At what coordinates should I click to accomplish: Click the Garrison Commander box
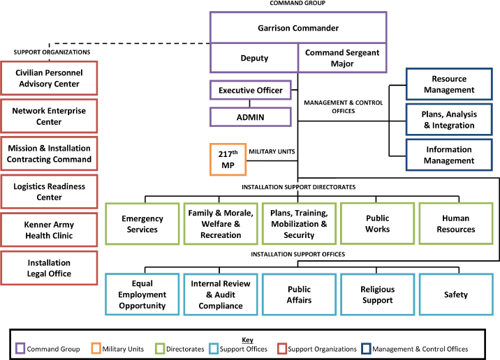(298, 29)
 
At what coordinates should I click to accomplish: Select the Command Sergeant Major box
(341, 58)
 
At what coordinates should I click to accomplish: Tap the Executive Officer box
(251, 91)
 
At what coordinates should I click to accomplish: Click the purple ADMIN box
(251, 117)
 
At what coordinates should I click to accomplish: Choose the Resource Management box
(449, 84)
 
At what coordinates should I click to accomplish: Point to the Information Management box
(449, 155)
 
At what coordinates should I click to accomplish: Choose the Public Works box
(377, 223)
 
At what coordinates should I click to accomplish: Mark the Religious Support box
(377, 294)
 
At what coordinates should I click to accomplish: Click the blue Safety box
(456, 294)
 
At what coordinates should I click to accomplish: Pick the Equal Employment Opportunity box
(142, 294)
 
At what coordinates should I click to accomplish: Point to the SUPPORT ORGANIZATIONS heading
(52, 52)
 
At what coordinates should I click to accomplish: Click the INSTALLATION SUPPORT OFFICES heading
(298, 253)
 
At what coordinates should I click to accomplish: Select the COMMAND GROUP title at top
(298, 3)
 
